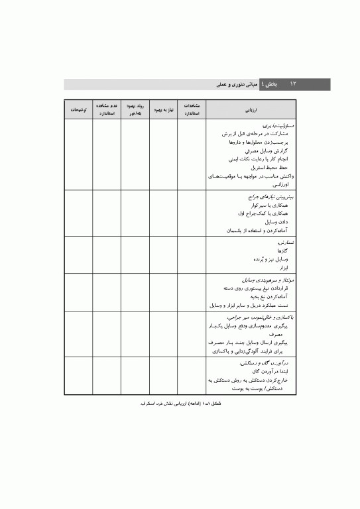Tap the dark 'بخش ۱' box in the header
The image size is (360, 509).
pos(268,84)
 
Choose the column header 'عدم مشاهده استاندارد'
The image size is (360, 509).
pos(107,108)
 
